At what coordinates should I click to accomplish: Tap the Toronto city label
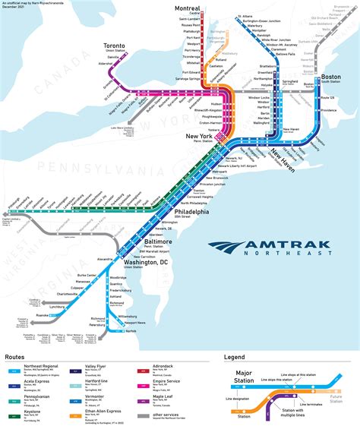pos(115,46)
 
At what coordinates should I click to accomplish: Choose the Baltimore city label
pos(159,241)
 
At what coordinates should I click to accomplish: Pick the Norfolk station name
pos(131,331)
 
